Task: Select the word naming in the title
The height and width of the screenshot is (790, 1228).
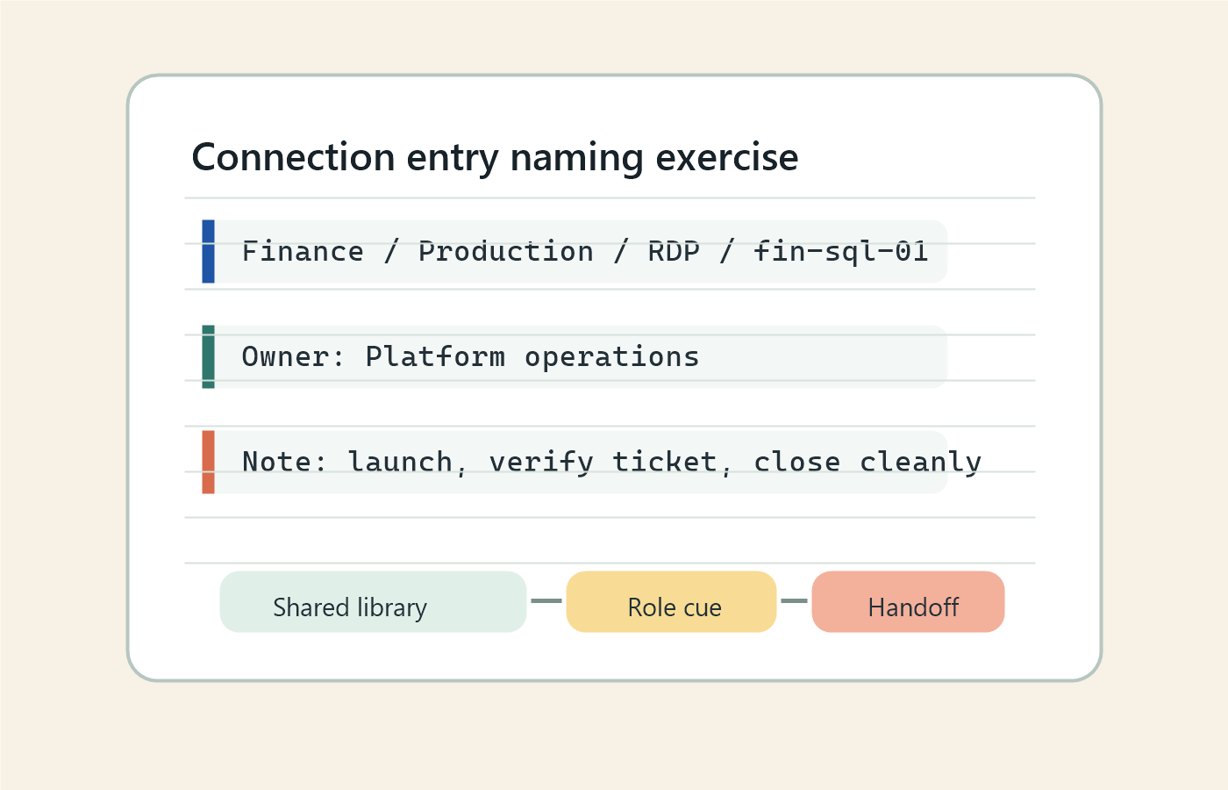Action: [577, 158]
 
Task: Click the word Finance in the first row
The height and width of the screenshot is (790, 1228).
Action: [303, 252]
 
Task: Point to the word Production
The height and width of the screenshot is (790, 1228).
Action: [505, 252]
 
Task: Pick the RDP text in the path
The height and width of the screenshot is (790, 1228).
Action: [674, 252]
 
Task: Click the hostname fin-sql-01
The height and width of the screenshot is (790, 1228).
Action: [840, 252]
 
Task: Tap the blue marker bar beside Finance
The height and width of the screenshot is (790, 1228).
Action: [208, 252]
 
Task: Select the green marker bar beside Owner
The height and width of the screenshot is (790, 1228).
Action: [208, 356]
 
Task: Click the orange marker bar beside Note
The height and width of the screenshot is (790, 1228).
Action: [208, 462]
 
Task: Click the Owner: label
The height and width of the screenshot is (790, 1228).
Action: [294, 357]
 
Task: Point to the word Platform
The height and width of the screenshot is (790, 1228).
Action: [435, 357]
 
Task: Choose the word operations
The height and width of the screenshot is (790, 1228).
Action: [611, 357]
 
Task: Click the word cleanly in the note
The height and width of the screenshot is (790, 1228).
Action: [919, 462]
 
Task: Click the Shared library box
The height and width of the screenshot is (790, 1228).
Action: [373, 602]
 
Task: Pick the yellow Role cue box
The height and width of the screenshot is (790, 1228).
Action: [671, 602]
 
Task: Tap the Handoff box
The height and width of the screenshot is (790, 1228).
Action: [908, 602]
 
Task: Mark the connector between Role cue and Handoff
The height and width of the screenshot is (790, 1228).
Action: [794, 601]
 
